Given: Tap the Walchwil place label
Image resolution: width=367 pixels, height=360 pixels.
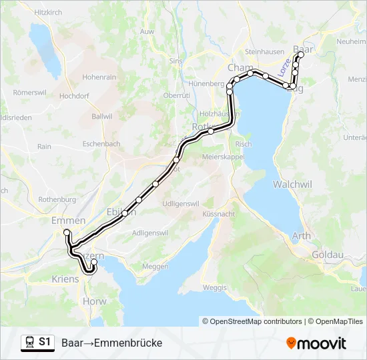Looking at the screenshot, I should click(292, 183).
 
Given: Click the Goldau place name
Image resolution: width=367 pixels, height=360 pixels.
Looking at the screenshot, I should click(328, 255).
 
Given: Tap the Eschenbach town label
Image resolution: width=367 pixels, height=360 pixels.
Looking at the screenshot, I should click(101, 143).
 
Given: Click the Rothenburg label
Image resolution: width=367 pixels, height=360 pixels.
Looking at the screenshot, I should click(58, 199).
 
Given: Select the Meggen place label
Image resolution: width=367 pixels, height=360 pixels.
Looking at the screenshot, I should click(155, 267).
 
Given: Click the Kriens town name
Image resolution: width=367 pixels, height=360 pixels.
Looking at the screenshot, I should click(65, 279).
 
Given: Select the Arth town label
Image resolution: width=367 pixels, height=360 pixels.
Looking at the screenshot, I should click(301, 235).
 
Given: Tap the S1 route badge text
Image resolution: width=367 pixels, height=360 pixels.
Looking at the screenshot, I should click(45, 342).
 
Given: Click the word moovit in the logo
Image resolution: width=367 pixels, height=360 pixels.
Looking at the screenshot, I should click(322, 343).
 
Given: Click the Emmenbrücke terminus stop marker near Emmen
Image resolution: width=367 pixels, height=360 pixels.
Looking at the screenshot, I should click(67, 232).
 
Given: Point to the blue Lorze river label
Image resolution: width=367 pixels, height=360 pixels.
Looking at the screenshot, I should click(285, 67).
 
